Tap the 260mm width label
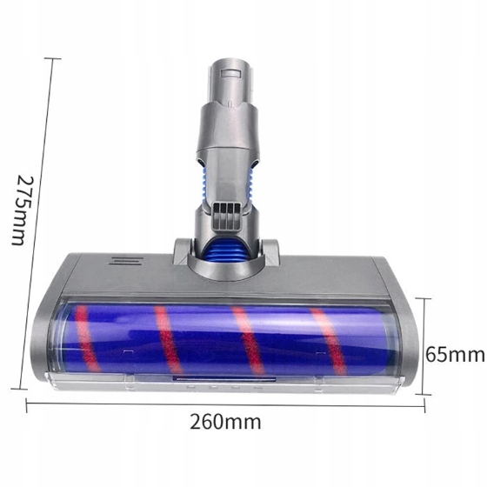(x=224, y=424)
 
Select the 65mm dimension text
(x=454, y=355)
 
